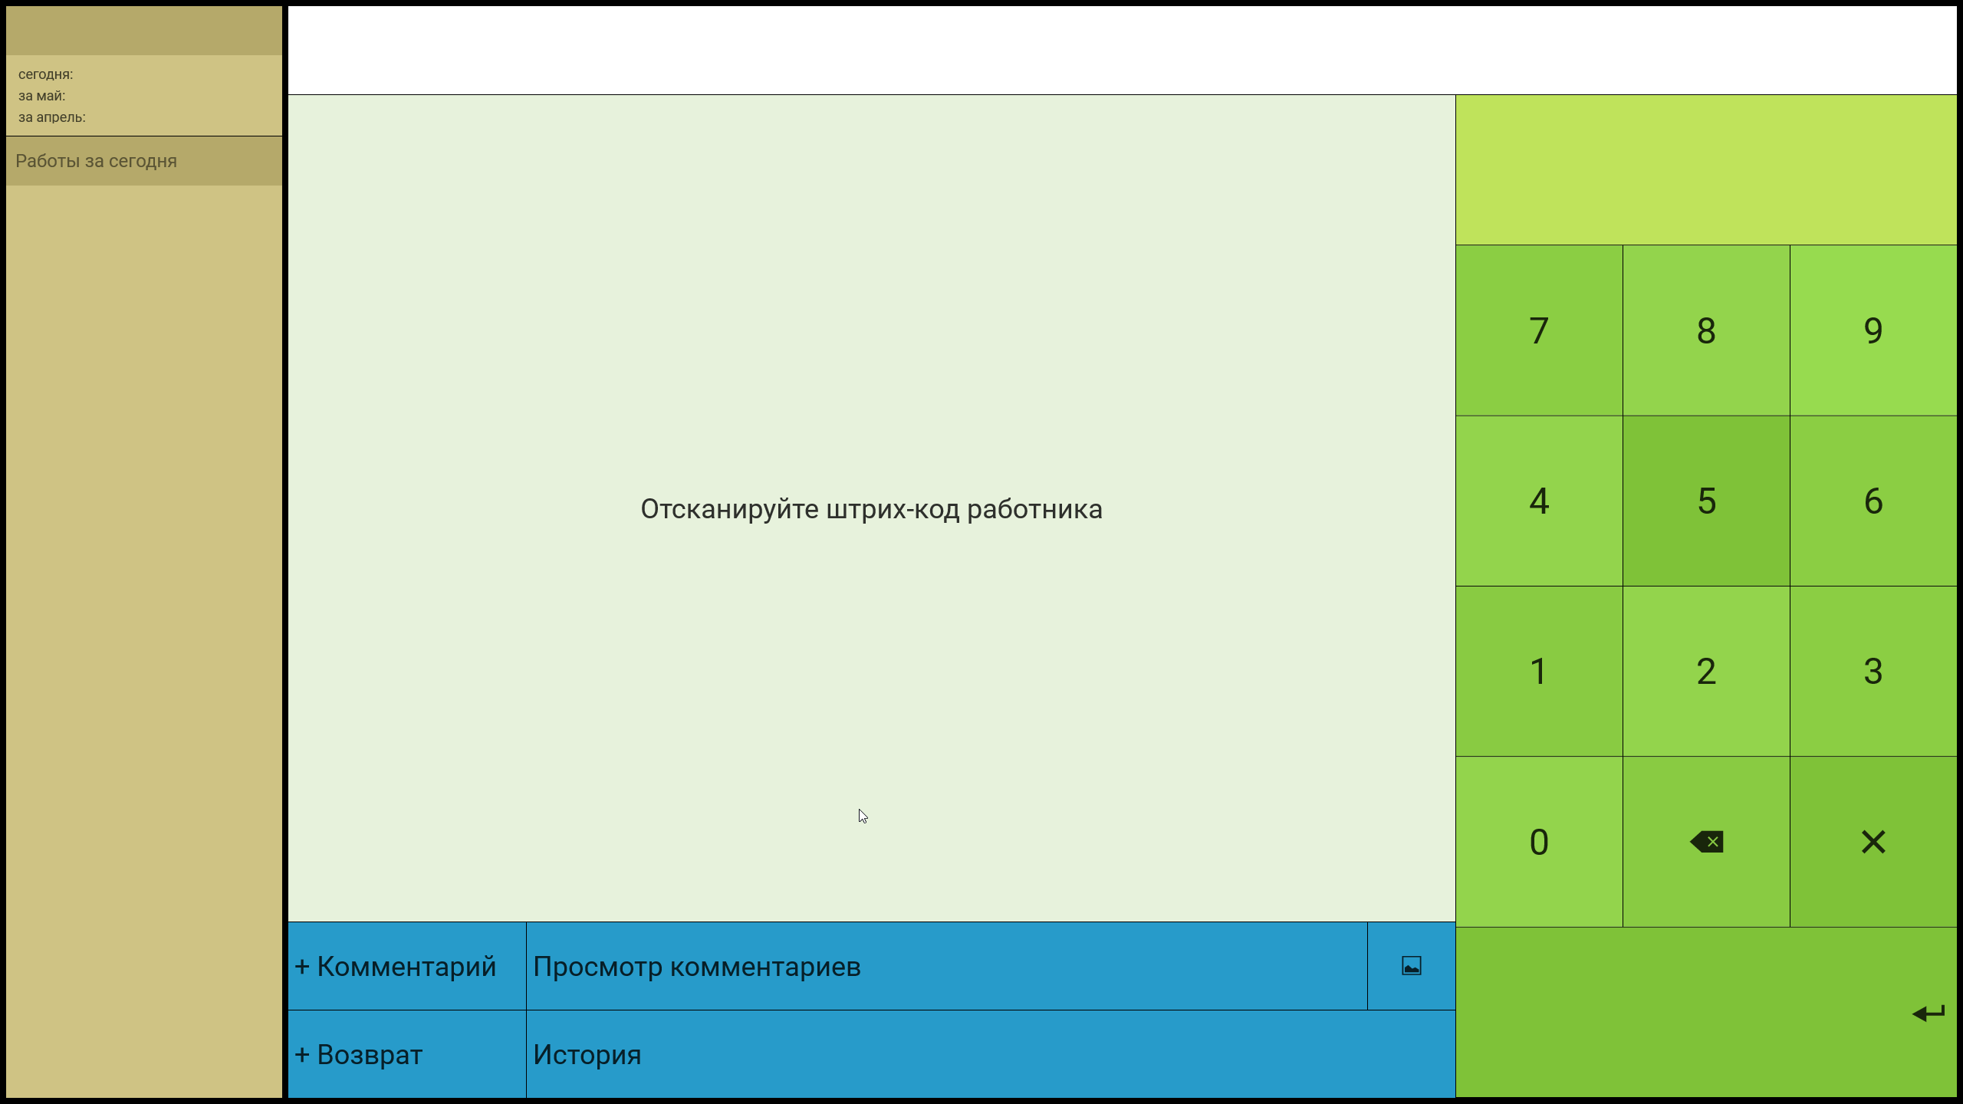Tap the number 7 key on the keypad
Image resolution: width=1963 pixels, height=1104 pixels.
click(x=1539, y=330)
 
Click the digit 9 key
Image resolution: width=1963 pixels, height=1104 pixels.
click(x=1873, y=330)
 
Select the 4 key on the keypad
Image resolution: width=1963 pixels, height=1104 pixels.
click(x=1539, y=501)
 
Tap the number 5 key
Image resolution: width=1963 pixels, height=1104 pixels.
click(x=1706, y=501)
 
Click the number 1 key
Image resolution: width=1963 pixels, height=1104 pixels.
click(x=1539, y=672)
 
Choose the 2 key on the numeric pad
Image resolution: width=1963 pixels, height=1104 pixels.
click(x=1706, y=672)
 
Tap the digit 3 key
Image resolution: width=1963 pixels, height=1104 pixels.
click(x=1873, y=672)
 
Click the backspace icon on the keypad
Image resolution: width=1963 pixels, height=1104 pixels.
click(x=1707, y=842)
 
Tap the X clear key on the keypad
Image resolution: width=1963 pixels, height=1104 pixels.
click(x=1873, y=842)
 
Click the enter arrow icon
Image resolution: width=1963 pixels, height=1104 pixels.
click(x=1928, y=1014)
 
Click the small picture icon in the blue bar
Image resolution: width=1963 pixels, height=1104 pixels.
click(x=1412, y=966)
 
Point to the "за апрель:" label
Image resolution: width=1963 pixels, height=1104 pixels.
click(x=52, y=117)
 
